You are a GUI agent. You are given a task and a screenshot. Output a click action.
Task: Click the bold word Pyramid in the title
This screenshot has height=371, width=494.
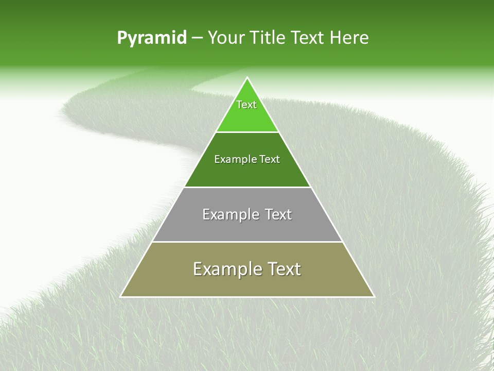[151, 38]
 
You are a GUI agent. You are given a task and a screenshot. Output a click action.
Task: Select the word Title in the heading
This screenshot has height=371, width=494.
[268, 38]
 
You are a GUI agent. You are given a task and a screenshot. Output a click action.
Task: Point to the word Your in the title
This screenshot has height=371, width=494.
[226, 38]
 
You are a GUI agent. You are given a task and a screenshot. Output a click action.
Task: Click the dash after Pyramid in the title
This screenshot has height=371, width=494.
[197, 38]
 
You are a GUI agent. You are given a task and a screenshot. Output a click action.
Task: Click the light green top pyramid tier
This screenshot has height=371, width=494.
[247, 116]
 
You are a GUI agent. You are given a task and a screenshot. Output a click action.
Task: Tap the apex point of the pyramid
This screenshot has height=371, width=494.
[247, 78]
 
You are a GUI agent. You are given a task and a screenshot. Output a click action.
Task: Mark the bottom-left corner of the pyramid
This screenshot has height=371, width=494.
[121, 296]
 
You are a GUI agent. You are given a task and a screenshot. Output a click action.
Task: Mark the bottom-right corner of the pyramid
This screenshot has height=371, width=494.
[374, 296]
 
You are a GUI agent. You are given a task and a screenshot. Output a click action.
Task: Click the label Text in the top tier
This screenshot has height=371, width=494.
[246, 105]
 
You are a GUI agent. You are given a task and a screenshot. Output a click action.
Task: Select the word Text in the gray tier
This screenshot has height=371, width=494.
[278, 214]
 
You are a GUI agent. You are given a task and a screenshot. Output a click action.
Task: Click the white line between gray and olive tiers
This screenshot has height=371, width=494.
[247, 242]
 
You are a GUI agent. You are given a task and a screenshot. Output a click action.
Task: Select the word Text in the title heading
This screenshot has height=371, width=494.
[308, 38]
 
